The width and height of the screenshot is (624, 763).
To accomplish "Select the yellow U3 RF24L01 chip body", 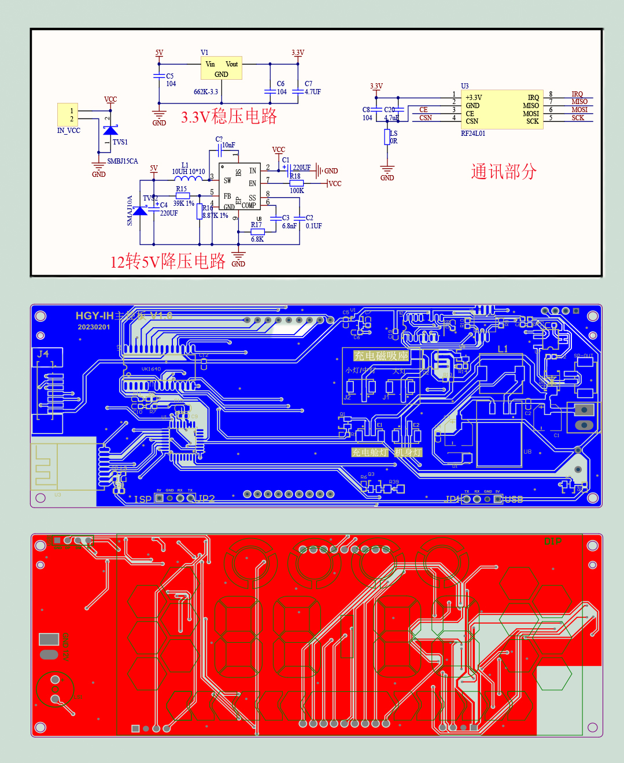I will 503,109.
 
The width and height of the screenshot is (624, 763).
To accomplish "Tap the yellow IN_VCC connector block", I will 68,114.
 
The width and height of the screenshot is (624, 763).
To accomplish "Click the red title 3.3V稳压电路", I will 229,116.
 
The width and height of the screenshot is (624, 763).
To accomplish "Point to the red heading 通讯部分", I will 504,172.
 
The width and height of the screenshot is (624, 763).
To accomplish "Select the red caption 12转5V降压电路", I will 168,261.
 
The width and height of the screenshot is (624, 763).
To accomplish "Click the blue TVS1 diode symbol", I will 110,130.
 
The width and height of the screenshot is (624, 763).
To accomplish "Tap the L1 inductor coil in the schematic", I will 188,179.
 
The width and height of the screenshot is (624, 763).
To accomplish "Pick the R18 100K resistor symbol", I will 297,183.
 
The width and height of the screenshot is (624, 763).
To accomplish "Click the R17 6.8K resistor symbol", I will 257,232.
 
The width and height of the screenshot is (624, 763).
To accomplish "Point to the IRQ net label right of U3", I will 577,94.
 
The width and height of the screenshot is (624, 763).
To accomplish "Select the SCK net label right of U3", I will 578,118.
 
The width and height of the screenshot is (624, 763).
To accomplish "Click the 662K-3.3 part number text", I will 206,92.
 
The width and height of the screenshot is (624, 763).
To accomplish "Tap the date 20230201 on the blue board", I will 94,327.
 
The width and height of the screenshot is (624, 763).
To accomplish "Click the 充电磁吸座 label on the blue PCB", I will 381,355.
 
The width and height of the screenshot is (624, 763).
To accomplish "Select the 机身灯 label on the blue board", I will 408,452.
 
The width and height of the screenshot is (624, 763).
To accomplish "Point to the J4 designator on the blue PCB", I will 43,354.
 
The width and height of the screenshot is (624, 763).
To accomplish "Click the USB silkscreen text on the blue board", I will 514,499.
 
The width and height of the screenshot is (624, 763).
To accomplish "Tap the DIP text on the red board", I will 552,542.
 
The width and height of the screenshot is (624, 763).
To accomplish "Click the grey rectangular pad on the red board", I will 49,639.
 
